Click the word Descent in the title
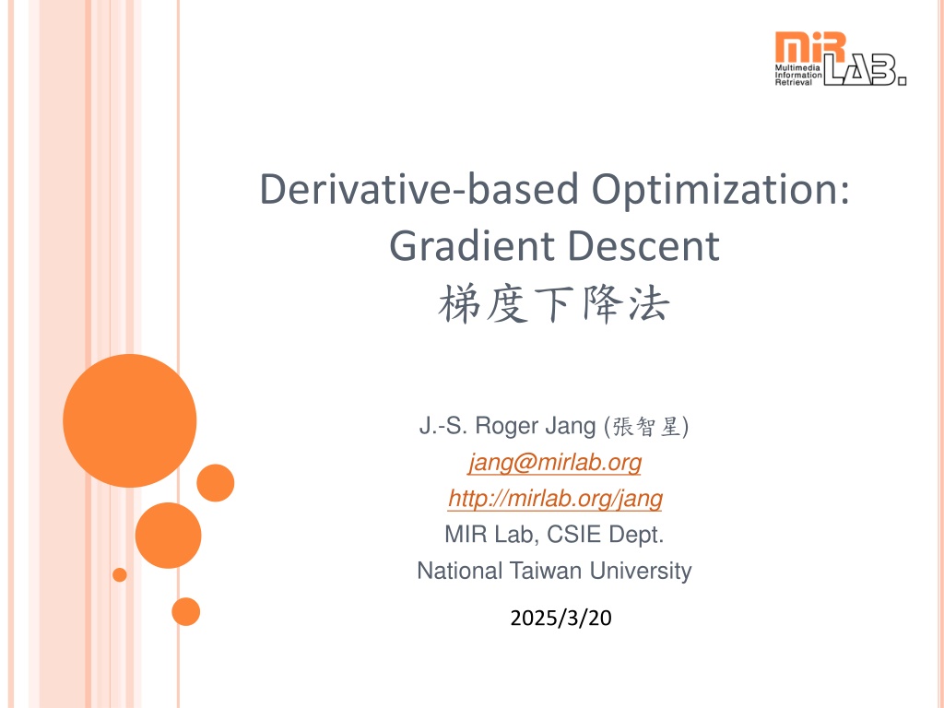[x=643, y=246]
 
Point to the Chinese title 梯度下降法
[x=554, y=304]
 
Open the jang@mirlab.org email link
[x=554, y=463]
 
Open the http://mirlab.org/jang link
[x=555, y=499]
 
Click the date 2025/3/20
[x=560, y=618]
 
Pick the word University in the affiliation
[x=641, y=572]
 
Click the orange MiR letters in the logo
[x=810, y=47]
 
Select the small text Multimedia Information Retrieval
[x=798, y=76]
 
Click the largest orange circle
[x=129, y=420]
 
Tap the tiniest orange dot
[x=120, y=575]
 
